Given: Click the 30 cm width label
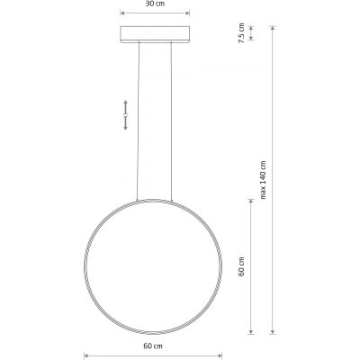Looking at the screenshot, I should click(155, 4).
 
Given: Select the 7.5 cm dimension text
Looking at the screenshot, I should click(239, 34).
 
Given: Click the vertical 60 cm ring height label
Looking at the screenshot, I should click(239, 266).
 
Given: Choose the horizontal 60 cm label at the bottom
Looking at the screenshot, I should click(154, 346).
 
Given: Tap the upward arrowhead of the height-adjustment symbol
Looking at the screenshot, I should click(126, 102).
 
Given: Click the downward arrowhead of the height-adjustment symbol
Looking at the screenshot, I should click(126, 129).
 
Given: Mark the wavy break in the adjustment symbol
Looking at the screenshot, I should click(126, 115).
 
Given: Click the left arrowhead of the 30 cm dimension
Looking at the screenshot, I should click(121, 13).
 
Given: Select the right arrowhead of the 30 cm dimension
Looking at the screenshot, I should click(188, 13).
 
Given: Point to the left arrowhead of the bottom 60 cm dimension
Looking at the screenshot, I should click(86, 354).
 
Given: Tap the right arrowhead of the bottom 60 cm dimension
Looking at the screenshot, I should click(220, 354).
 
